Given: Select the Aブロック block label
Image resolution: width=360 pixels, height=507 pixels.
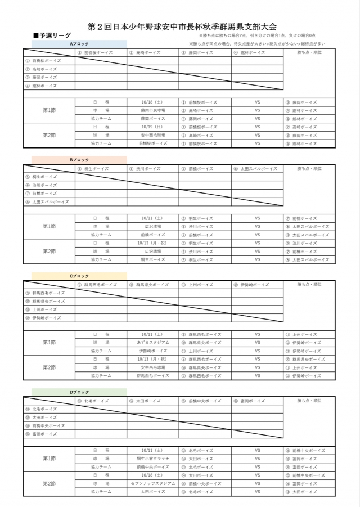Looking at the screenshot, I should click(x=78, y=43).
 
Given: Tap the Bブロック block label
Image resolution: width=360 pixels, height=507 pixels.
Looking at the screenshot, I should click(x=79, y=160).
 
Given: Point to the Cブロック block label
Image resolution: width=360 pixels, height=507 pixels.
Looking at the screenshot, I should click(x=79, y=276).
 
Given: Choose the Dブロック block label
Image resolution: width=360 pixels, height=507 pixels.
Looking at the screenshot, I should click(x=79, y=392).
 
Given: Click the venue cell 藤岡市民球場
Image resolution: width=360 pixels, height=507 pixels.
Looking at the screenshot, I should click(x=153, y=111).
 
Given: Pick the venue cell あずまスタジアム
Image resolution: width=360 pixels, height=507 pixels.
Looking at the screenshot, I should click(x=153, y=342).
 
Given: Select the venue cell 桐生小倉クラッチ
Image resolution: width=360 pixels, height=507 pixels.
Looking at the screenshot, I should click(x=153, y=459).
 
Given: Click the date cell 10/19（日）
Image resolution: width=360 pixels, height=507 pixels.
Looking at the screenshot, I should click(x=153, y=127).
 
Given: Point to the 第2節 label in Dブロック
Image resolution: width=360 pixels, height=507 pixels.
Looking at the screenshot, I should click(x=49, y=483).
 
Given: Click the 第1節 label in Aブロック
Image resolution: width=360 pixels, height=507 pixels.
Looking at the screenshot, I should click(x=49, y=111).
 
